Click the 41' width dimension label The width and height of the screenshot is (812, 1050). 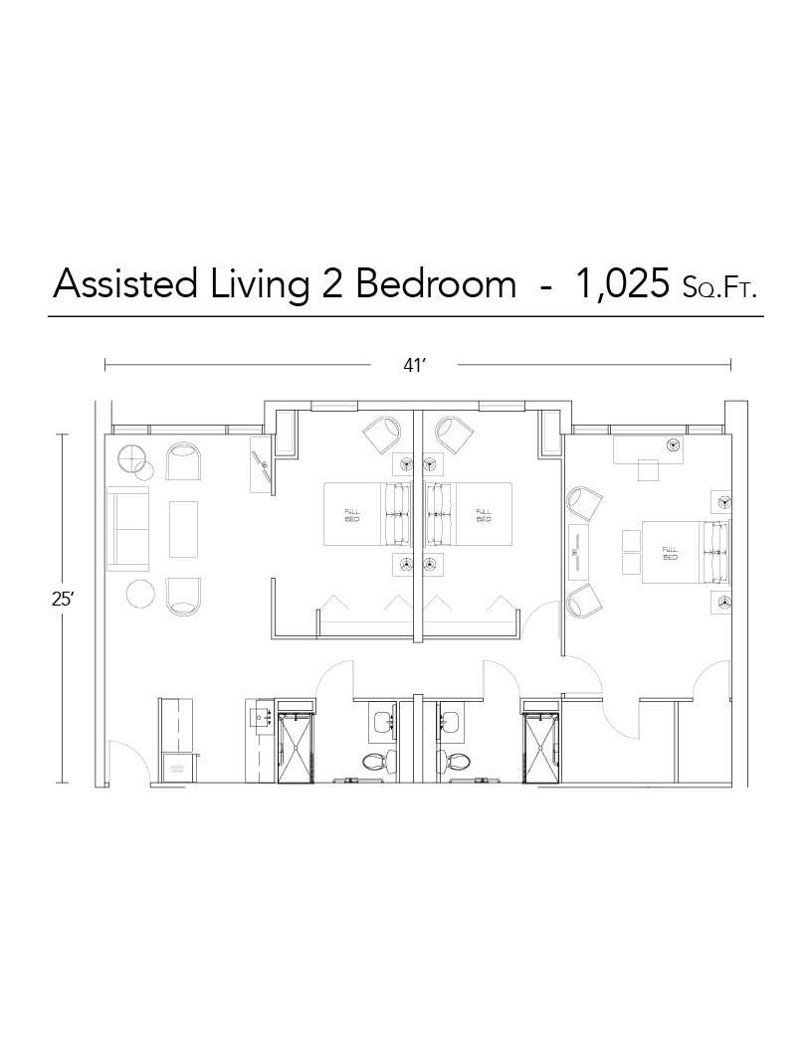[x=414, y=365]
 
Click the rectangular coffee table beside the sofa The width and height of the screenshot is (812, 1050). [x=183, y=528]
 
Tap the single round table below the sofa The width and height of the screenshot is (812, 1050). [x=140, y=595]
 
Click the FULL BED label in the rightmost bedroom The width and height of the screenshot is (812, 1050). [x=670, y=552]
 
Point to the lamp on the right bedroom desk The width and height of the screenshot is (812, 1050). [x=673, y=444]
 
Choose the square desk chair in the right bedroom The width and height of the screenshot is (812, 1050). [x=649, y=469]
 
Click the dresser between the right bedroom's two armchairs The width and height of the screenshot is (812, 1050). [x=578, y=552]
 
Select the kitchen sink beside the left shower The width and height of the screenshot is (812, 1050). [x=263, y=716]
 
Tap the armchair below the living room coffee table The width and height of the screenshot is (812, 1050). [x=182, y=595]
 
